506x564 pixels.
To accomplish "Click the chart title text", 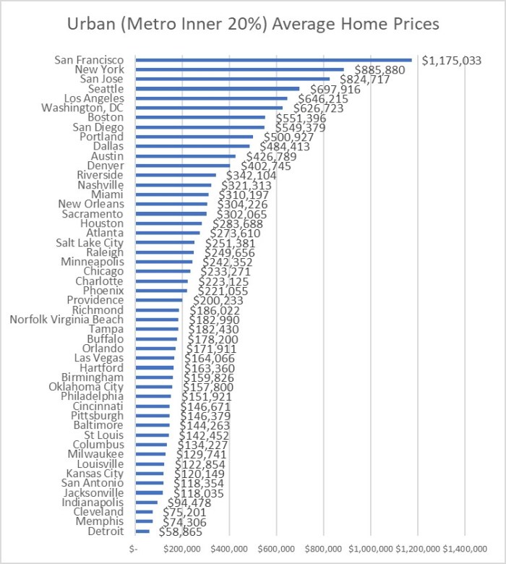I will point(252,23).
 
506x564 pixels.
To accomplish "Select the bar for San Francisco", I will point(273,60).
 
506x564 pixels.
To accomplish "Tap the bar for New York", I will point(239,69).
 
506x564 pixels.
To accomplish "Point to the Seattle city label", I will point(105,89).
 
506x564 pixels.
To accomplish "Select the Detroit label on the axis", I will point(105,531).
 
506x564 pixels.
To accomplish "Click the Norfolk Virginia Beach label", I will point(67,320).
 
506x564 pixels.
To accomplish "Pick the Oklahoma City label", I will point(89,387).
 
